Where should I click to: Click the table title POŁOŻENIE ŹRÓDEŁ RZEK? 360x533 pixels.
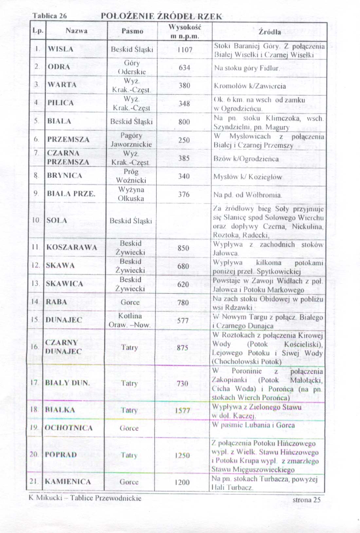pyautogui.click(x=161, y=16)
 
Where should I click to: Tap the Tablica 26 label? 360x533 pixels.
pyautogui.click(x=50, y=16)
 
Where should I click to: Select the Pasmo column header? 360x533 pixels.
pyautogui.click(x=132, y=31)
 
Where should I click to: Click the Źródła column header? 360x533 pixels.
pyautogui.click(x=269, y=32)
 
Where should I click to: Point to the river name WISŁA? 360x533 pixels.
pyautogui.click(x=61, y=49)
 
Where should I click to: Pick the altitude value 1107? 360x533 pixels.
pyautogui.click(x=185, y=50)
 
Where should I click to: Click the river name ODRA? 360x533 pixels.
pyautogui.click(x=59, y=67)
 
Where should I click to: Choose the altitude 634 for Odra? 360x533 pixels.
pyautogui.click(x=185, y=68)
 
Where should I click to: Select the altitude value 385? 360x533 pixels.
pyautogui.click(x=184, y=158)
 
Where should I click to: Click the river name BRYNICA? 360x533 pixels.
pyautogui.click(x=64, y=175)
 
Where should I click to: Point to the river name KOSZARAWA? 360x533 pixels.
pyautogui.click(x=72, y=248)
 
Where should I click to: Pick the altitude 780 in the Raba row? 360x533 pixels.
pyautogui.click(x=183, y=302)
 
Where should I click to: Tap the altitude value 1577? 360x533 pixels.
pyautogui.click(x=182, y=410)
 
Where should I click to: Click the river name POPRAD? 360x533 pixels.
pyautogui.click(x=61, y=454)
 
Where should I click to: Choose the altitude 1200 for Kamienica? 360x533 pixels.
pyautogui.click(x=182, y=482)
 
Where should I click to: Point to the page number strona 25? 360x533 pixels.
pyautogui.click(x=306, y=500)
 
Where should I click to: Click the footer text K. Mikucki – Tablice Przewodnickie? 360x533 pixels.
pyautogui.click(x=85, y=498)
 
